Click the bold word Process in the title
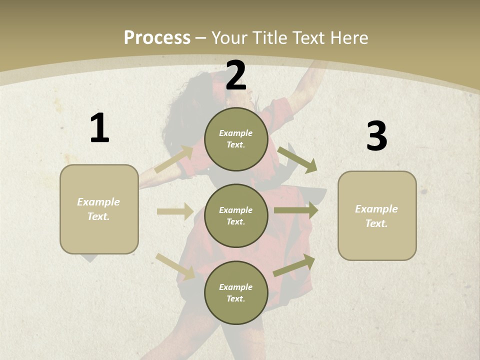point(157,37)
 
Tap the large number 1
point(99,128)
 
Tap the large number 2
point(236,75)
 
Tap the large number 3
point(376,136)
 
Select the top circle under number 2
point(236,139)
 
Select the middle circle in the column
point(236,215)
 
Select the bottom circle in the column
point(236,292)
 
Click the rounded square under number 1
point(99,209)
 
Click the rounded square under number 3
point(377,216)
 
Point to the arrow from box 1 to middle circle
point(175,211)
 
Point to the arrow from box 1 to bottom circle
point(175,266)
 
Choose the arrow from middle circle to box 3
point(296,210)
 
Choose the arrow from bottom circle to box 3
point(294,265)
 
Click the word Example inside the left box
point(98,202)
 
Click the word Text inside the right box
point(376,223)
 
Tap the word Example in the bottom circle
point(235,287)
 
